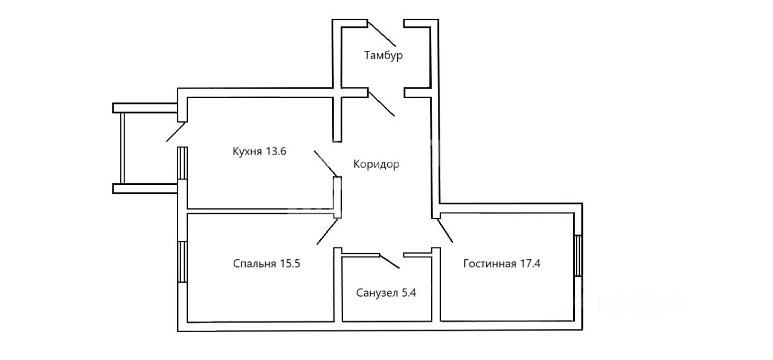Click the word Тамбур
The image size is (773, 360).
(x=383, y=55)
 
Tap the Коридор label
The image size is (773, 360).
(x=376, y=164)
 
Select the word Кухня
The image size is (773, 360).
(x=248, y=152)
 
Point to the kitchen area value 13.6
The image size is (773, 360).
(x=276, y=151)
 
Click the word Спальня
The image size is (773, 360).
(x=254, y=264)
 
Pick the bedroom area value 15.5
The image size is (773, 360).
(x=290, y=264)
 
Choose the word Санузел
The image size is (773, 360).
(x=377, y=293)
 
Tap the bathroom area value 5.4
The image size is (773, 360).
(x=409, y=293)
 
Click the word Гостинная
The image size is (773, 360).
(x=490, y=264)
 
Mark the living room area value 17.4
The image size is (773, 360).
(x=530, y=264)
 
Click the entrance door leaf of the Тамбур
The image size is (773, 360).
(x=382, y=34)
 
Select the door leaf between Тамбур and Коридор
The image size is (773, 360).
(x=381, y=103)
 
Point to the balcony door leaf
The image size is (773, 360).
(x=176, y=132)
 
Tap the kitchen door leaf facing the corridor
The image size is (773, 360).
(x=326, y=164)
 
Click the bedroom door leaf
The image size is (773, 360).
(x=328, y=231)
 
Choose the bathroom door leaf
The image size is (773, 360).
(x=390, y=262)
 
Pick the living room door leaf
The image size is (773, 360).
(x=445, y=230)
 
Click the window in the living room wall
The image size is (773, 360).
(x=579, y=256)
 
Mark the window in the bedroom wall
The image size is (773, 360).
(x=182, y=262)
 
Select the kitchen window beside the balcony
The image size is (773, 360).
(x=182, y=163)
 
